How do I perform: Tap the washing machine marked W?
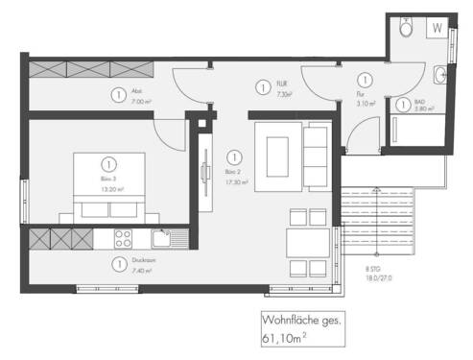(438, 28)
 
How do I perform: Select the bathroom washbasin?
(440, 74)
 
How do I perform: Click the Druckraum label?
(141, 261)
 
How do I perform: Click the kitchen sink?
(161, 235)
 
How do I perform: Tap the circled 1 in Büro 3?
(107, 163)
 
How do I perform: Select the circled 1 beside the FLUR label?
(262, 87)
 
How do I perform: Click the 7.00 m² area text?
(141, 100)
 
